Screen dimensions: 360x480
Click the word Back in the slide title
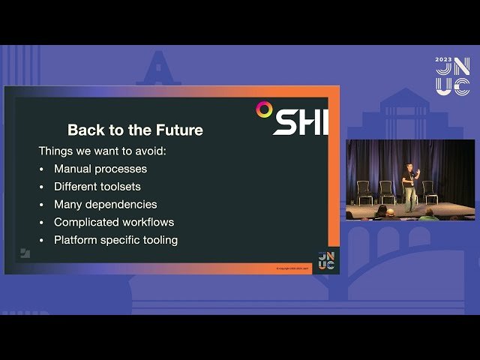[x=83, y=130]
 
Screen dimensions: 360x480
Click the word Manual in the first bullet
[x=74, y=169]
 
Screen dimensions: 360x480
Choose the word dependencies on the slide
[x=121, y=204]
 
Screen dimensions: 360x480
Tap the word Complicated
[x=86, y=222]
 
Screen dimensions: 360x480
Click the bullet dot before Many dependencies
[x=41, y=204]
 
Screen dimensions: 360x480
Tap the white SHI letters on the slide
[x=300, y=122]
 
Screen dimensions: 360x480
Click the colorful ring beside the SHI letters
[x=264, y=109]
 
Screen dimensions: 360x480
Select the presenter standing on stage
[x=408, y=187]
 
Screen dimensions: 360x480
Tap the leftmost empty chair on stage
[x=364, y=191]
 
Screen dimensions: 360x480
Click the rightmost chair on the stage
[x=430, y=191]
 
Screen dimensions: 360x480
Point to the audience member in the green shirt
[x=429, y=215]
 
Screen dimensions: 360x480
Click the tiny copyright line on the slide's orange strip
[x=292, y=267]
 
